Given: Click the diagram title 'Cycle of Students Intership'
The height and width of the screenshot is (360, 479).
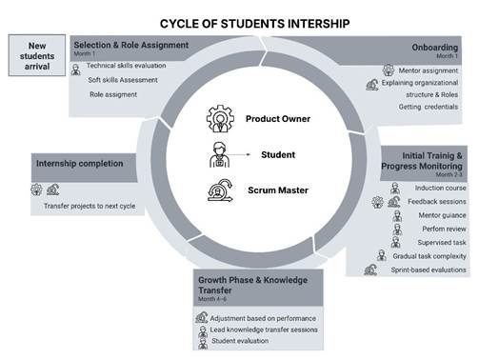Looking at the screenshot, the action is click(x=254, y=24).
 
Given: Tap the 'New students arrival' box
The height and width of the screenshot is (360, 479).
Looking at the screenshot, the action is click(x=37, y=55).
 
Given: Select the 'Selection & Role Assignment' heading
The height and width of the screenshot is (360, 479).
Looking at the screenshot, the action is click(x=131, y=45).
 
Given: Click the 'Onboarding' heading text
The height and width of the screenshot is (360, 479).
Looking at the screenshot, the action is click(x=434, y=48).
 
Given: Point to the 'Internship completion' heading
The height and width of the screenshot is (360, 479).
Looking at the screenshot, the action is click(x=79, y=164).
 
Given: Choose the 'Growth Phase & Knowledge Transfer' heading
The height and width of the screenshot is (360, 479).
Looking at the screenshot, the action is click(x=252, y=285).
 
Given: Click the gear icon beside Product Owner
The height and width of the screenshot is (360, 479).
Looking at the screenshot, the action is click(x=220, y=119).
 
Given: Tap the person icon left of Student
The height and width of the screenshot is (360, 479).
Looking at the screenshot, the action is click(x=219, y=154).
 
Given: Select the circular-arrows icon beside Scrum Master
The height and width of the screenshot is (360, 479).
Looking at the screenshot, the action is click(x=220, y=190).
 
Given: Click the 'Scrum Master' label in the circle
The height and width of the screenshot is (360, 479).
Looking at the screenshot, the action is click(x=278, y=190).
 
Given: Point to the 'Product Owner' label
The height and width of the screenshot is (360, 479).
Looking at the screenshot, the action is click(x=278, y=119).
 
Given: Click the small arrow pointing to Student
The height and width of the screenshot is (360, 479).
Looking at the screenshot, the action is click(x=239, y=154).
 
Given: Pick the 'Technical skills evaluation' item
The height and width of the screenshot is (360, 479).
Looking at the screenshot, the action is click(x=126, y=66).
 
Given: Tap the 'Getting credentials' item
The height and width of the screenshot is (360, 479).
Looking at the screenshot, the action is click(x=429, y=107).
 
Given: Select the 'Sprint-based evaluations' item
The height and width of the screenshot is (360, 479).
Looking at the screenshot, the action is click(x=429, y=270).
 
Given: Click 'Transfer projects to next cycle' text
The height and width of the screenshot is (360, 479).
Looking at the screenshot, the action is click(x=90, y=206).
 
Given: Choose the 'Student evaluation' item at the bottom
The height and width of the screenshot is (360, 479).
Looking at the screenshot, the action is click(x=240, y=341).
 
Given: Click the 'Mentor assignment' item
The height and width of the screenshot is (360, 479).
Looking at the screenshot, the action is click(x=429, y=70).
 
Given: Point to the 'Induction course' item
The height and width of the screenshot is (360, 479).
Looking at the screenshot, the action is click(x=440, y=188).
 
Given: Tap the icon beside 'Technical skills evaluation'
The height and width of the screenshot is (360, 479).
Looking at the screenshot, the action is click(x=75, y=70).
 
